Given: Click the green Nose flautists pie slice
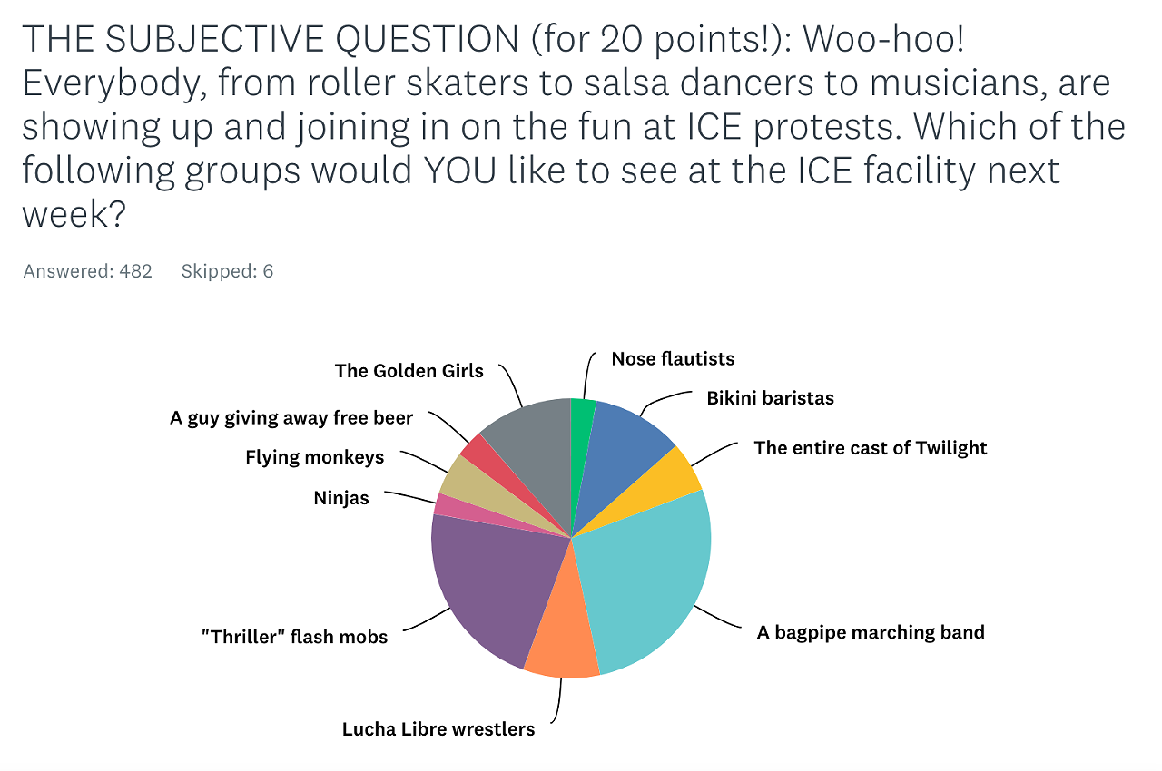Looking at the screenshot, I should coord(582,435).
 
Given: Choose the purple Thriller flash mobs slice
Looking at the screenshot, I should coord(490,590).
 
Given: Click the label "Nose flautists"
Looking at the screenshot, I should coord(673,359).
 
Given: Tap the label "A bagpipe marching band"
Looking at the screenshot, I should coord(871,632).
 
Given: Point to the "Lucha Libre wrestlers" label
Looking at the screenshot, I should coord(438,729).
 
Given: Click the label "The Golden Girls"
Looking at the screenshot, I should coord(409,371).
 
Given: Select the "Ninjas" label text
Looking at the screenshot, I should coord(341,498).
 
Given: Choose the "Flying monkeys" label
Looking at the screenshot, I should coord(314,457).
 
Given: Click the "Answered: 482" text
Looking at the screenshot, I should coord(88,271).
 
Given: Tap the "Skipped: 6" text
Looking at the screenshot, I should coord(227,271).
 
